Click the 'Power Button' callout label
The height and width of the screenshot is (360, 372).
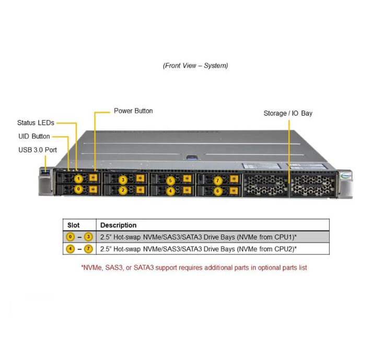point(133,111)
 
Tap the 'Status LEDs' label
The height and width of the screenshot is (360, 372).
point(36,123)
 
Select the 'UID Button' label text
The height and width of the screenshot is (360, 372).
point(34,136)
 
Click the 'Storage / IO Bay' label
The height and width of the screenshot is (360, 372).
point(288,113)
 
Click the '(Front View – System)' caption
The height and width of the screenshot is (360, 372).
point(195,66)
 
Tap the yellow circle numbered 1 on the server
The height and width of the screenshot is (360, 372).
point(78,179)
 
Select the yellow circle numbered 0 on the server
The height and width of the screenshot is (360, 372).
point(78,189)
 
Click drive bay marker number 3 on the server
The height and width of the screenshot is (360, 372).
point(123,180)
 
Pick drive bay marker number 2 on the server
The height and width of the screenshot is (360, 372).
point(123,190)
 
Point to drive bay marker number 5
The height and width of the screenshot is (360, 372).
point(170,180)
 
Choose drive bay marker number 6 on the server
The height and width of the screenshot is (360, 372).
point(218,191)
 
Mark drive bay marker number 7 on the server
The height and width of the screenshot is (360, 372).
point(218,180)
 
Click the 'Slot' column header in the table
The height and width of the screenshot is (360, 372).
point(74,225)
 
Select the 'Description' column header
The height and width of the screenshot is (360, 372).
point(118,225)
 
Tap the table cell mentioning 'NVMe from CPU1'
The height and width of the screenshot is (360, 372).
point(199,237)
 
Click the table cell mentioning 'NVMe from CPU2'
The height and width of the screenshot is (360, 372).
point(199,249)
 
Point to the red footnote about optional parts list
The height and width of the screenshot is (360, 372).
point(194,268)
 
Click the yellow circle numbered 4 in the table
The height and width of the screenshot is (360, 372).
point(71,249)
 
